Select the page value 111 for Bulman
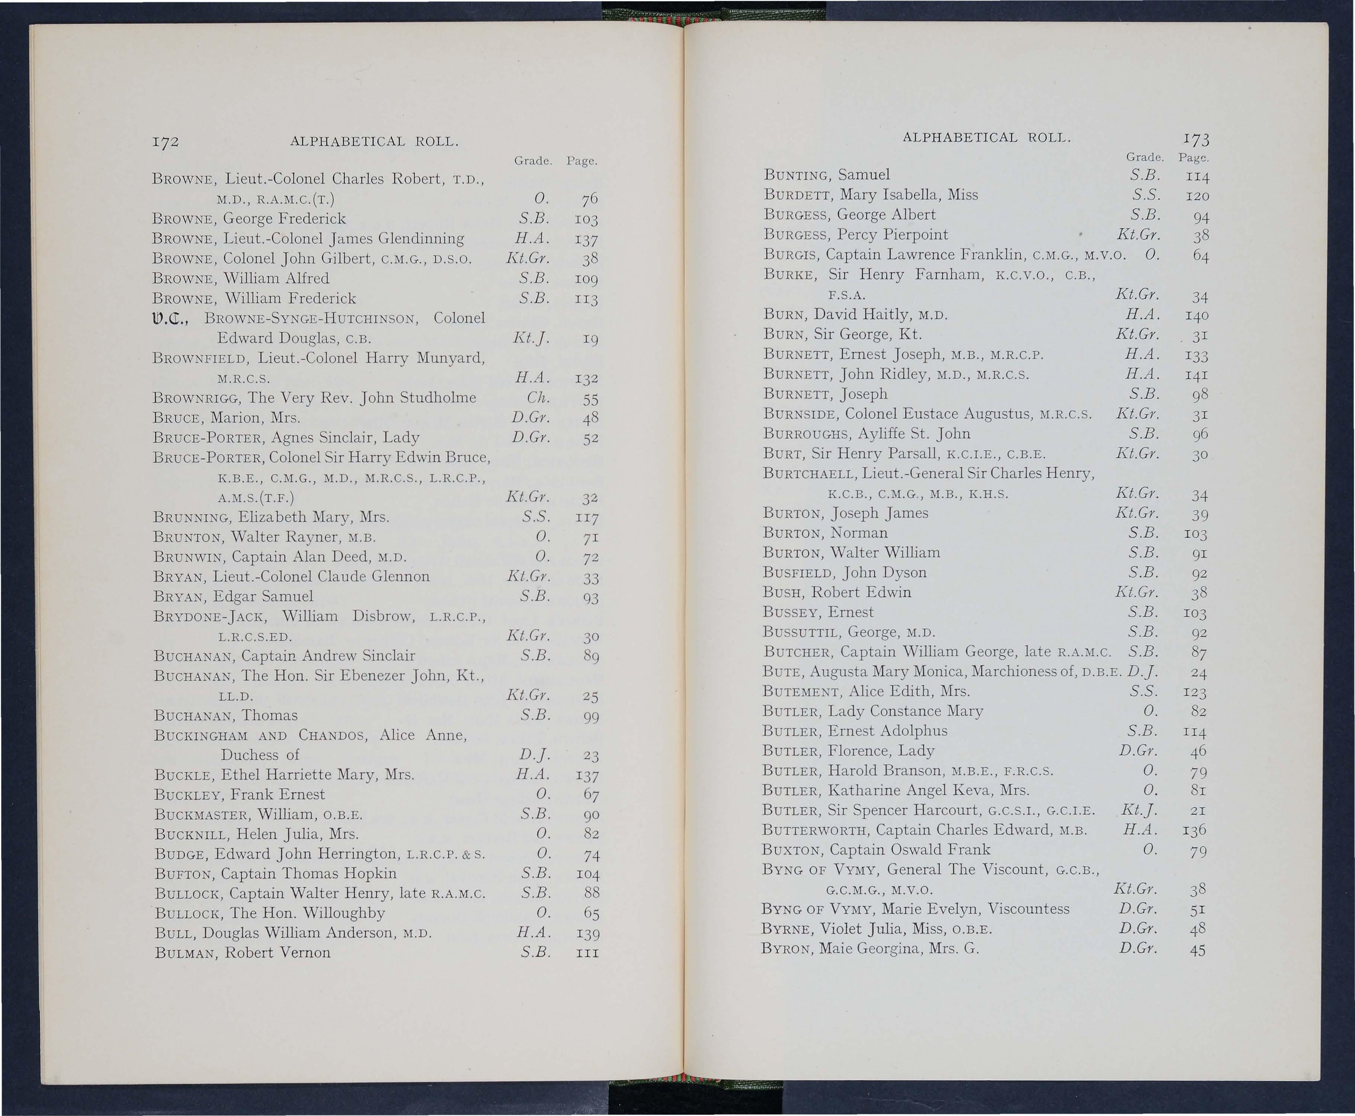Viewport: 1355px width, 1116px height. coord(587,953)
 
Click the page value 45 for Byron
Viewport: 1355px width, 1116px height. coord(1197,950)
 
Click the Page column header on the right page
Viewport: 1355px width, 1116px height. coord(1194,157)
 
